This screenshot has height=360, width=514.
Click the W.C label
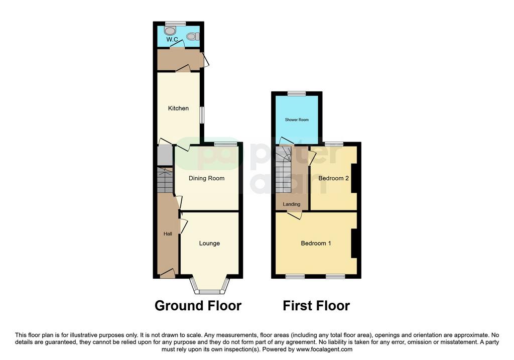point(172,40)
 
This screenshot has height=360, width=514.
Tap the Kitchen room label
point(178,108)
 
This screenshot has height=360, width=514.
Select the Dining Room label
point(206,178)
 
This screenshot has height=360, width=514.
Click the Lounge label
point(209,244)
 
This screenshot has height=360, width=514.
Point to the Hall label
point(168,234)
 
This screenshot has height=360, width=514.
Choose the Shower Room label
point(297,119)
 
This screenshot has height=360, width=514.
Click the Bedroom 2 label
point(333,178)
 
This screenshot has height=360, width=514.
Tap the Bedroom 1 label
point(316,244)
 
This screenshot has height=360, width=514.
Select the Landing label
point(292,204)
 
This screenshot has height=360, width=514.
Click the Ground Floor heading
point(198,306)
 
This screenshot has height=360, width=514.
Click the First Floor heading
point(316,306)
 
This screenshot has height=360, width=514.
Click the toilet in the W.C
point(193,36)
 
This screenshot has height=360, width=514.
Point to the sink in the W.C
point(170,31)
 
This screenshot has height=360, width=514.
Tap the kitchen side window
point(202,115)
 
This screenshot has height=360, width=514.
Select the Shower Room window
point(297,93)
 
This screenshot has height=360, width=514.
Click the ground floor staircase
point(165,180)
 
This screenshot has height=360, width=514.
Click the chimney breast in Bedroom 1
point(354,244)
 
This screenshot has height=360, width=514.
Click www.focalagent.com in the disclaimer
point(324,349)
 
